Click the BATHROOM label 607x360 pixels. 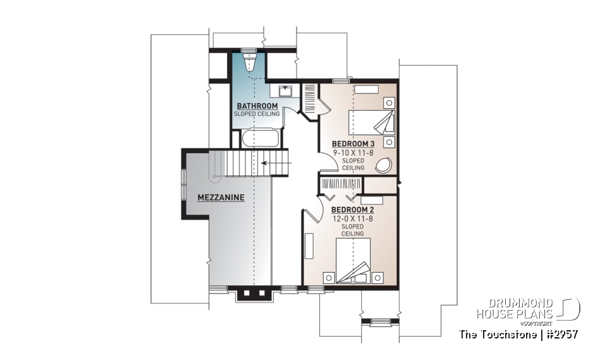(x=257, y=106)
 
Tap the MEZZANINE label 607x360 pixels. (x=221, y=197)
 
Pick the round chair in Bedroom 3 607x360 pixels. (x=384, y=166)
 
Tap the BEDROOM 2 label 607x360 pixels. (x=350, y=209)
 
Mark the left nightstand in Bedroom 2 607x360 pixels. (x=329, y=276)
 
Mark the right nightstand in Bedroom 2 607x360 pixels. (x=377, y=276)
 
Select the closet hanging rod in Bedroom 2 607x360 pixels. (x=340, y=184)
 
